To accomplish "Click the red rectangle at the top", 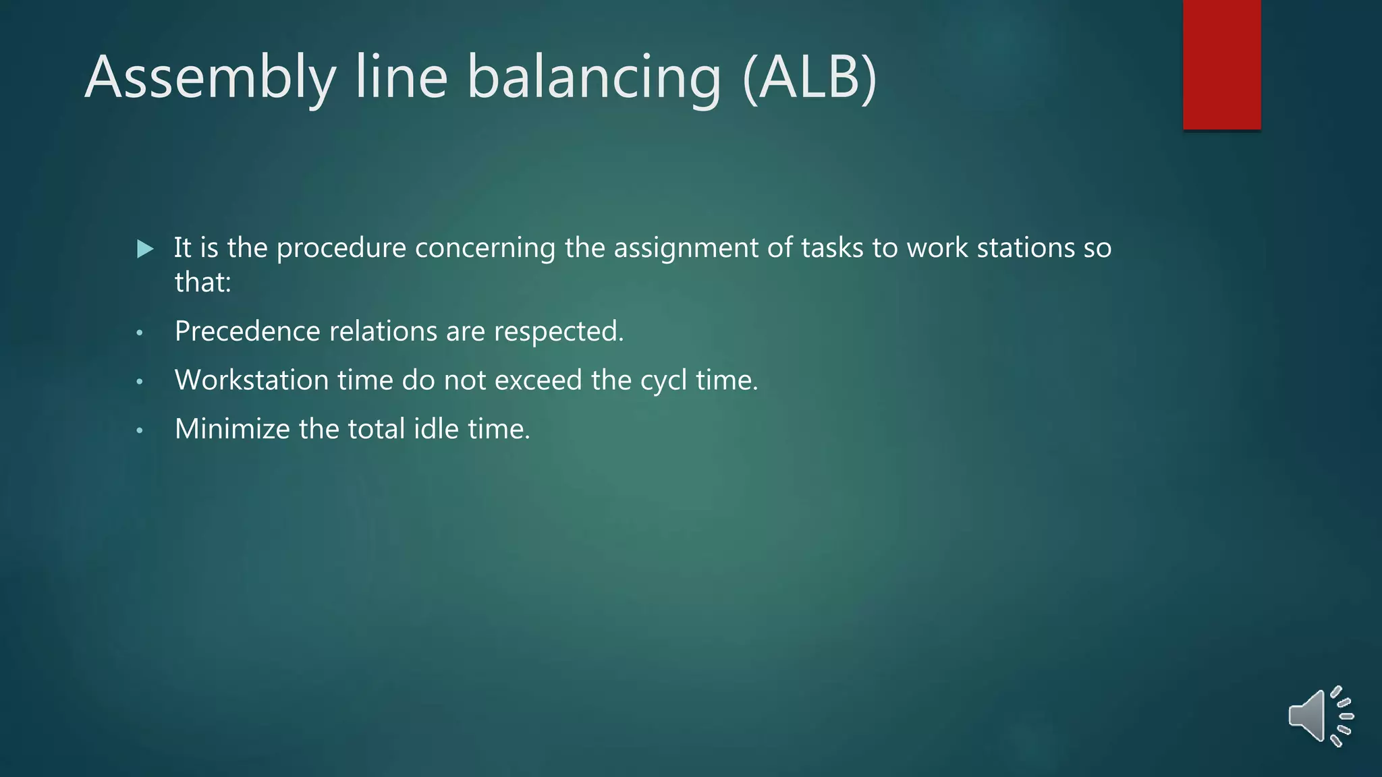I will point(1221,64).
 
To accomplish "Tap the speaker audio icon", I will point(1320,716).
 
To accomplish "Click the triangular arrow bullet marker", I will point(144,249).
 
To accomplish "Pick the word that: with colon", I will point(202,282).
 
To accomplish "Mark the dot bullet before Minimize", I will point(140,430).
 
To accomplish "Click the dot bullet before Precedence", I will point(140,333).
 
